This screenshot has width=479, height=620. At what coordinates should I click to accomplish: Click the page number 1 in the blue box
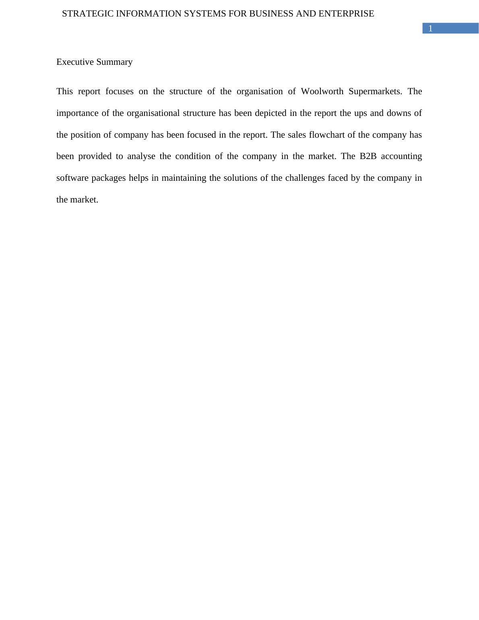(x=430, y=29)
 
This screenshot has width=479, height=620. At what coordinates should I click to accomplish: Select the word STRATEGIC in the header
(x=88, y=14)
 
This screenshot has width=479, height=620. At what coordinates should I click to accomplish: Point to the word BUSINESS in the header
(x=271, y=14)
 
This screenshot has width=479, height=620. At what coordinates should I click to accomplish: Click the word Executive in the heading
(x=75, y=62)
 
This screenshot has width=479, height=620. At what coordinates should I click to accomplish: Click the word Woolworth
(x=322, y=91)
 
